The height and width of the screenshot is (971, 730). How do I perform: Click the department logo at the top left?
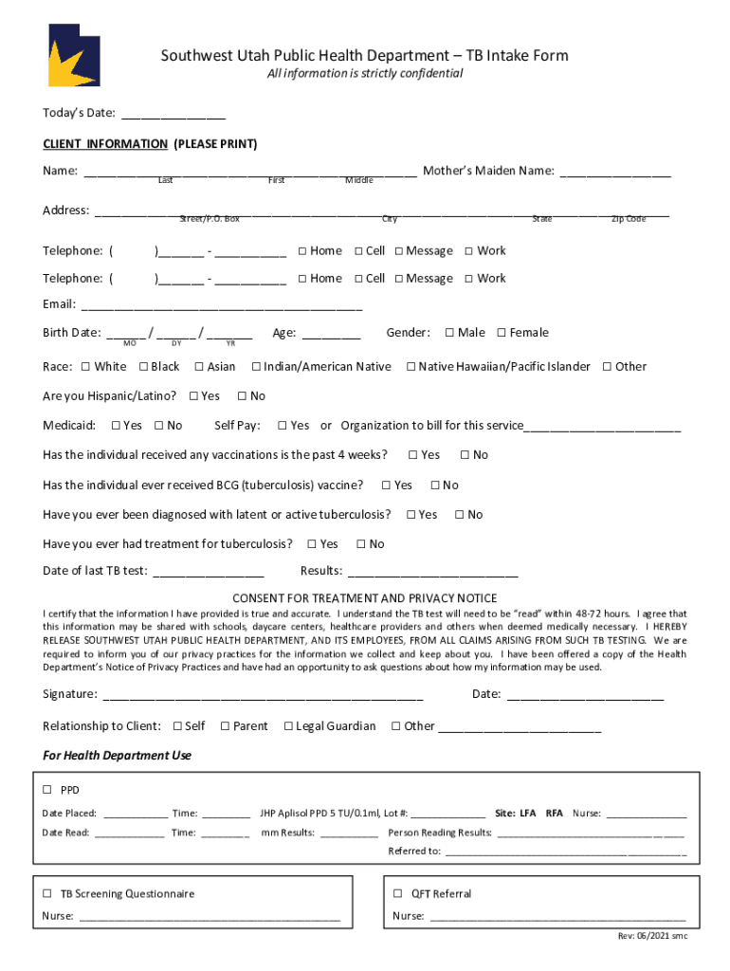(74, 55)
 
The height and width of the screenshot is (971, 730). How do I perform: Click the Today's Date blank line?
(173, 115)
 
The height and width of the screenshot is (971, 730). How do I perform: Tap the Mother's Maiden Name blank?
(615, 173)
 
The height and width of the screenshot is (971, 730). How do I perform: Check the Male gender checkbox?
(449, 333)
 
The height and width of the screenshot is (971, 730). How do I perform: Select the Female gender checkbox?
(502, 333)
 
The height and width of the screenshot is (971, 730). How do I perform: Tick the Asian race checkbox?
(199, 367)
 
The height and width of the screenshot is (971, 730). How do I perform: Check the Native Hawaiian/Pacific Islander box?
(411, 367)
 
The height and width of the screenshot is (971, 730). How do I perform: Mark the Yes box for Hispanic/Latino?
(194, 396)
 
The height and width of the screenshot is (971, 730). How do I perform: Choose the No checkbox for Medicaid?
(159, 426)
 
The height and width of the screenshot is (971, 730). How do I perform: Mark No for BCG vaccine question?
(434, 485)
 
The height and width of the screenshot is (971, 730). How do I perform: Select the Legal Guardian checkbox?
(288, 726)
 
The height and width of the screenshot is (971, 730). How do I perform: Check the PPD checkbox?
(46, 790)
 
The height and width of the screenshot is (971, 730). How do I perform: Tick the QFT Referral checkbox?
(398, 893)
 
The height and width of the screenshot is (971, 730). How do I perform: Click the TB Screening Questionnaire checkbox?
(46, 893)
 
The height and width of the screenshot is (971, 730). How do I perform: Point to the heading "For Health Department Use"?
(118, 756)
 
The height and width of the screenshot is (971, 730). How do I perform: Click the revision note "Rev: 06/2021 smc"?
(652, 936)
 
